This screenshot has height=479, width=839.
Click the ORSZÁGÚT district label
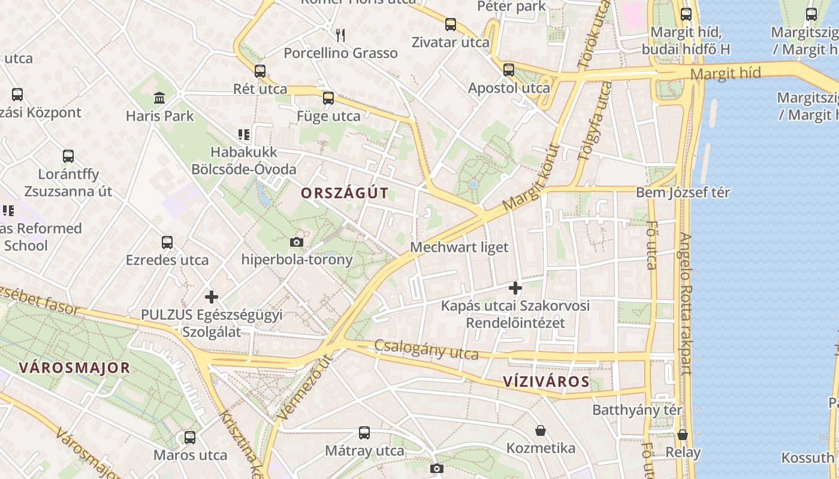[345, 193]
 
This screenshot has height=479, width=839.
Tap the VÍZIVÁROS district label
[545, 382]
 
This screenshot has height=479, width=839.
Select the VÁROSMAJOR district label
[74, 368]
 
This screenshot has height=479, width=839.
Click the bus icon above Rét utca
[260, 71]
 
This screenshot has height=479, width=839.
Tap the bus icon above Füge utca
[328, 98]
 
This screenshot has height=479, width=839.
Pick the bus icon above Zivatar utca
[451, 25]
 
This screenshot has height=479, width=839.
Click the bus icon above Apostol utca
[509, 70]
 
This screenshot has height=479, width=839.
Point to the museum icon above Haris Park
[160, 98]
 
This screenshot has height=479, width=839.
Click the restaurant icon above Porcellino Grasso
[340, 35]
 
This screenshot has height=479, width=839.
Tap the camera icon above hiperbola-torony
[296, 242]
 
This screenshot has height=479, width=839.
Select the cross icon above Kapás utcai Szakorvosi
[515, 288]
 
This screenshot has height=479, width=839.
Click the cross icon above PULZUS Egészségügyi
[212, 296]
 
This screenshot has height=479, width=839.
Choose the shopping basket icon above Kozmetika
[541, 431]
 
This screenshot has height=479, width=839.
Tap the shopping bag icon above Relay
[683, 435]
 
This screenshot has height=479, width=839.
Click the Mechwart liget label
[459, 247]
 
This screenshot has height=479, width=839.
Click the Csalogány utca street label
[426, 350]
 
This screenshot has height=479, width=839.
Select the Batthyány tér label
[637, 410]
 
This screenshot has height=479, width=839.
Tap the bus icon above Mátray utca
[364, 433]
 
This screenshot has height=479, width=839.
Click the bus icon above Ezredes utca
[167, 242]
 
